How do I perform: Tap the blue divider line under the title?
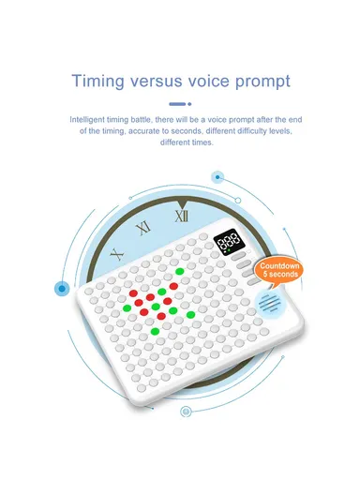[x=175, y=104]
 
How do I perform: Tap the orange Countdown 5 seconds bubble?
[x=279, y=270]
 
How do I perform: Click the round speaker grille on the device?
[x=272, y=305]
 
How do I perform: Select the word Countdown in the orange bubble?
[x=279, y=265]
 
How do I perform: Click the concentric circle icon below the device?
[x=186, y=411]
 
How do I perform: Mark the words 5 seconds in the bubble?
[x=279, y=276]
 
